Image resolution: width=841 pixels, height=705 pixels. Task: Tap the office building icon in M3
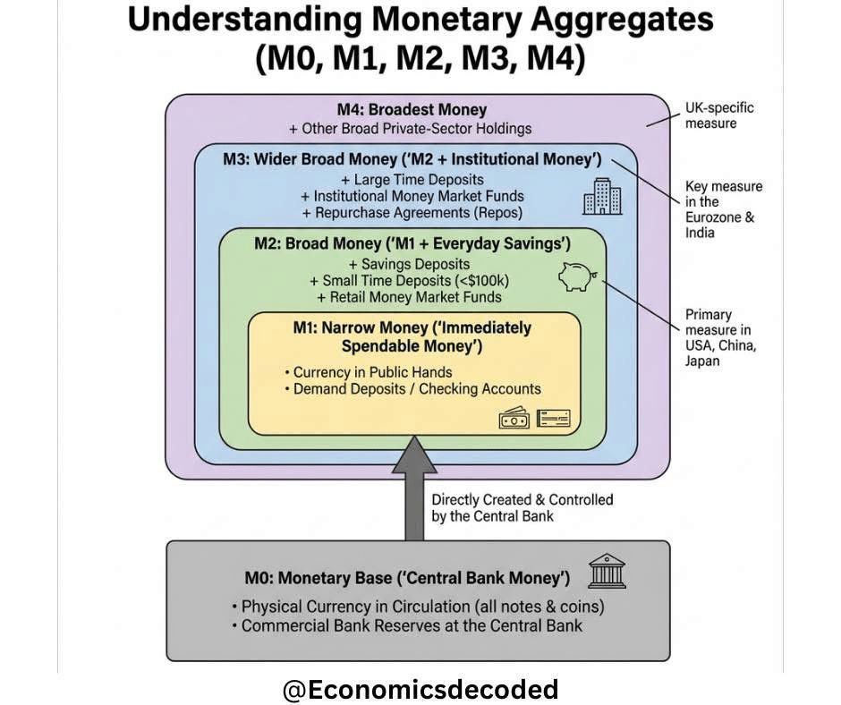click(x=602, y=196)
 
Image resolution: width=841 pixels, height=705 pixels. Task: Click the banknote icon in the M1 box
click(x=514, y=418)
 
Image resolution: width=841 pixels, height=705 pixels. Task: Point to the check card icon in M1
click(x=553, y=418)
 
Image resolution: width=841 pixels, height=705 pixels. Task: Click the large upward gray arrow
click(x=414, y=488)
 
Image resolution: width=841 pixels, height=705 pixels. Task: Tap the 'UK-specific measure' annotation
click(x=719, y=115)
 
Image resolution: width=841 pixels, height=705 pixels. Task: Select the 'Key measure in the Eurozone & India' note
click(x=724, y=209)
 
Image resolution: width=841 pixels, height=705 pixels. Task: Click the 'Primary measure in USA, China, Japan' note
click(x=718, y=338)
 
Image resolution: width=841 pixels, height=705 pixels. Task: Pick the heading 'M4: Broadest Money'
click(x=416, y=110)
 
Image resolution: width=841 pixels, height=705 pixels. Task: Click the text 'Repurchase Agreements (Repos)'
click(x=412, y=213)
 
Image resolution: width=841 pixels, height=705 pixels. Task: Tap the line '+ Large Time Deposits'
click(x=412, y=179)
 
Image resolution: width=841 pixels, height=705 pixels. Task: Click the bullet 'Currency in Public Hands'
click(x=373, y=372)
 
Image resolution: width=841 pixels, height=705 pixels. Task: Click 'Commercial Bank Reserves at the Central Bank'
click(x=412, y=625)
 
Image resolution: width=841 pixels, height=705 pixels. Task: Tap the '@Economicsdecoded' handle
click(x=420, y=689)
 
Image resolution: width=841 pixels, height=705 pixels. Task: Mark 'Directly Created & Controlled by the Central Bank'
click(x=522, y=507)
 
